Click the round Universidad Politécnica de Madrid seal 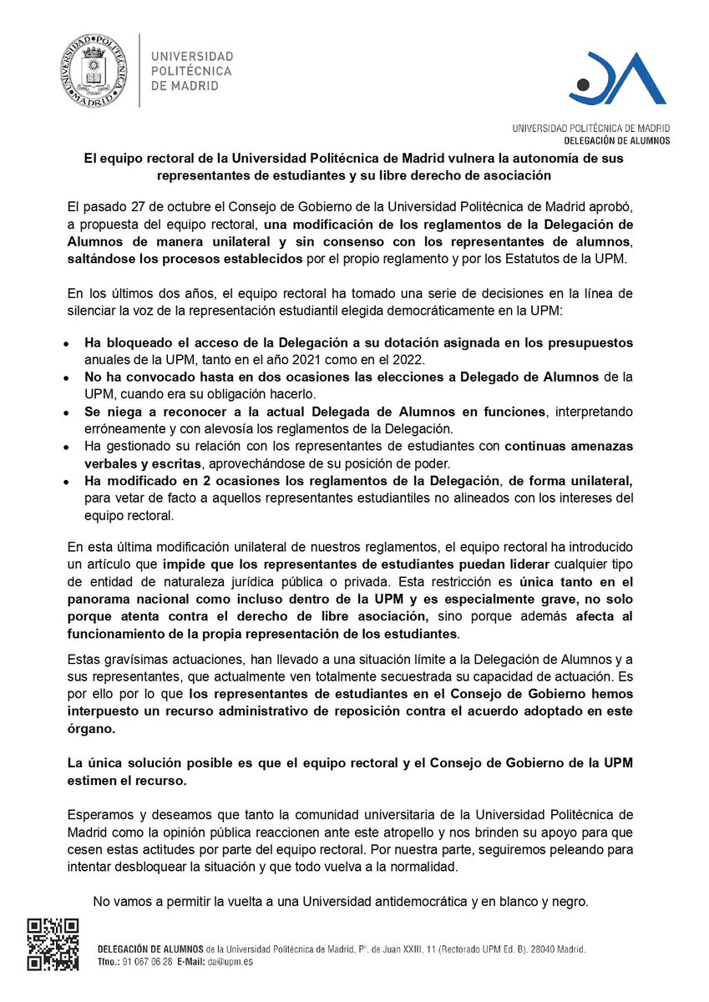[92, 71]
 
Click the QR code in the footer [53, 944]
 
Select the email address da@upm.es [236, 961]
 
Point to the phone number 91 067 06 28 [147, 961]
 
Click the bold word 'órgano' [91, 727]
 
